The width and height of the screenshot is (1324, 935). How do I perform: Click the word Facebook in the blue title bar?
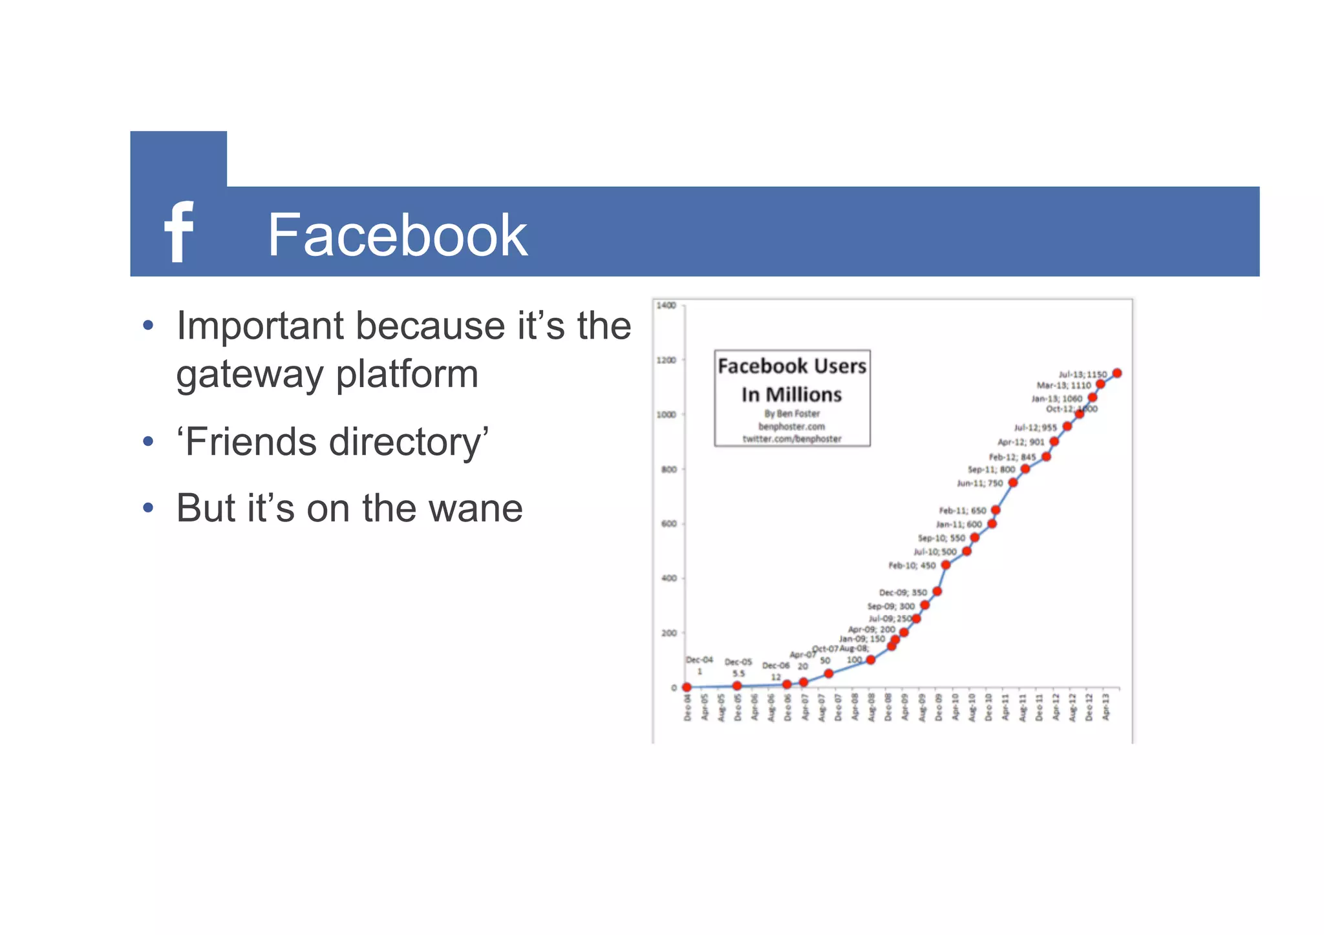tap(398, 235)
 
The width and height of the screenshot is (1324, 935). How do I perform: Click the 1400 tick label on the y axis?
tap(666, 306)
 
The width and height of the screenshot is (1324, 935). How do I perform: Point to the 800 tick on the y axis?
tap(669, 469)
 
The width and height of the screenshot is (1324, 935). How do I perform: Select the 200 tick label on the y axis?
tap(669, 633)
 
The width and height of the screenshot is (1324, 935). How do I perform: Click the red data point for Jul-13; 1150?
tap(1117, 373)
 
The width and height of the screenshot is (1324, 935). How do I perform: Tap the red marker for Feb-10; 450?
tap(946, 565)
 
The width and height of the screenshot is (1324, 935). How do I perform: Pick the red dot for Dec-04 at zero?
tap(687, 688)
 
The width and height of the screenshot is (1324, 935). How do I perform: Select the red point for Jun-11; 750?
tap(1013, 483)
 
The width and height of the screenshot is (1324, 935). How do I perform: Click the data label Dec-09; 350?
tap(902, 593)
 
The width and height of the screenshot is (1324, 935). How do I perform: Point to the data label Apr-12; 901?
tap(1021, 442)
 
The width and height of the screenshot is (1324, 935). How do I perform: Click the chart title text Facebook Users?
tap(792, 366)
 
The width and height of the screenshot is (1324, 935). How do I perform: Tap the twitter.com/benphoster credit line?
tap(792, 439)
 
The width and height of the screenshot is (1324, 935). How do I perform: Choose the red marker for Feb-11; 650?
tap(996, 510)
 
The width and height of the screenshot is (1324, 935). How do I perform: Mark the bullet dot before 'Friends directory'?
tap(149, 442)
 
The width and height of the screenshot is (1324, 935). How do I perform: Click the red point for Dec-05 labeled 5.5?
tap(737, 686)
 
